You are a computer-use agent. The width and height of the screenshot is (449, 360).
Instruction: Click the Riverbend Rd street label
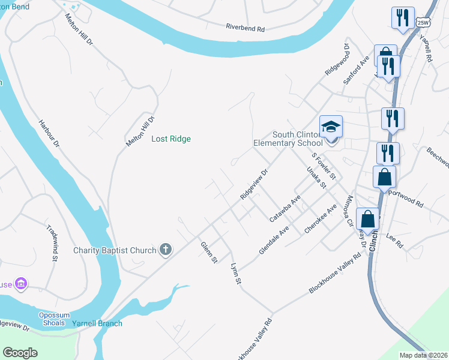tap(245, 28)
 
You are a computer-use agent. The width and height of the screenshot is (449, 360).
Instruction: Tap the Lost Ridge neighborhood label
tap(171, 139)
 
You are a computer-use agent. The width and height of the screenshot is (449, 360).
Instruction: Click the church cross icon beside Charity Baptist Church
tap(166, 250)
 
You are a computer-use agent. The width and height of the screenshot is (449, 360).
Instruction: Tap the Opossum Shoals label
tap(55, 319)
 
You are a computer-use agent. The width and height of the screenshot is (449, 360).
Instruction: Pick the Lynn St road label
tap(236, 273)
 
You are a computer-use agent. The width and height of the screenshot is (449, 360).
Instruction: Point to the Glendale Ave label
tap(274, 239)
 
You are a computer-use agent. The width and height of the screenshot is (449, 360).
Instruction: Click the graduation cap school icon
tap(331, 127)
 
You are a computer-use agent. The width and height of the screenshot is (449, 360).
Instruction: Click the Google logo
tap(20, 353)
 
